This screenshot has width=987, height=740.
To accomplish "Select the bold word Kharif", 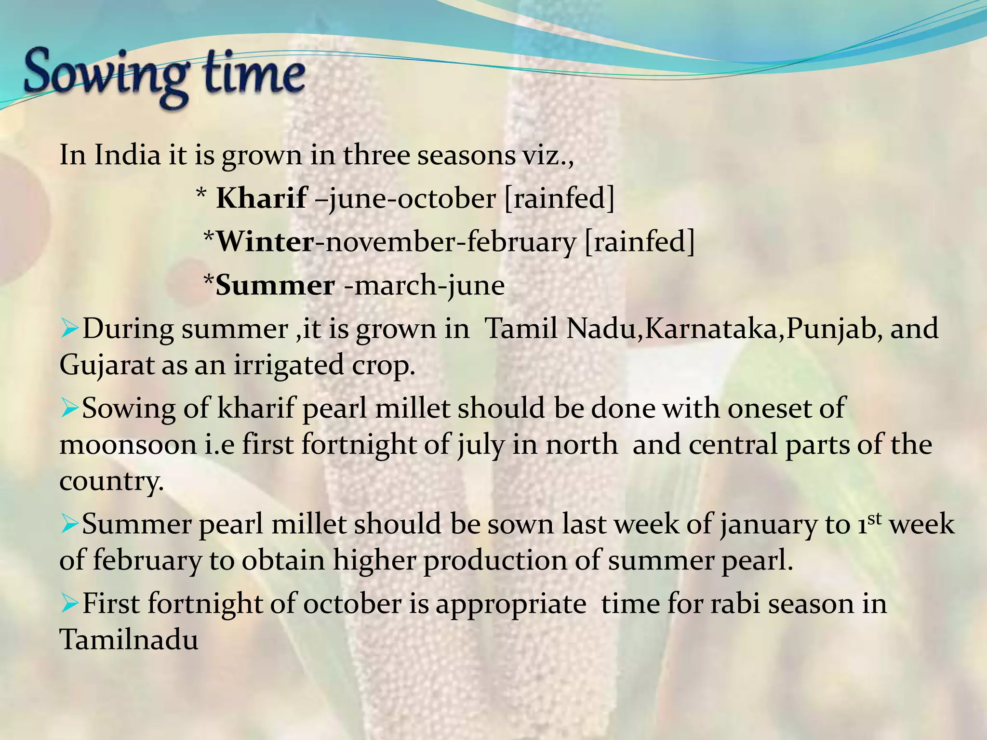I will pyautogui.click(x=261, y=198).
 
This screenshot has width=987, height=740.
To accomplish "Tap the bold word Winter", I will pyautogui.click(x=265, y=241).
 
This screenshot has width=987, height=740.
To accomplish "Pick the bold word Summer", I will pyautogui.click(x=275, y=285).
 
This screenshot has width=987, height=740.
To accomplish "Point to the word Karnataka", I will pyautogui.click(x=713, y=329).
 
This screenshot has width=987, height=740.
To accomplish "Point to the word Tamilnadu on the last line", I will pyautogui.click(x=129, y=640).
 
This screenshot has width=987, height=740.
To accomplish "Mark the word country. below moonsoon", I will pyautogui.click(x=111, y=481).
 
